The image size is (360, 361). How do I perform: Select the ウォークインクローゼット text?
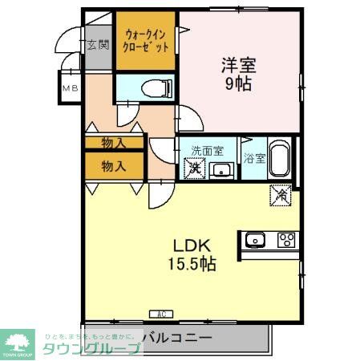[145, 40]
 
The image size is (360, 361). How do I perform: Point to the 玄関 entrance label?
[98, 44]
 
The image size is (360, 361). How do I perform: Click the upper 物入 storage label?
[114, 143]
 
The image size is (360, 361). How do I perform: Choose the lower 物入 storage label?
[114, 166]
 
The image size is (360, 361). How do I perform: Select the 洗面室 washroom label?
[207, 152]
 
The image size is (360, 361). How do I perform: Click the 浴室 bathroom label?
[254, 159]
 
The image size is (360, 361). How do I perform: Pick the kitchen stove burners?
[286, 238]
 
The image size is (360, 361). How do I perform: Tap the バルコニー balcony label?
[177, 338]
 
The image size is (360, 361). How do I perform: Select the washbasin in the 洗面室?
[220, 169]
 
